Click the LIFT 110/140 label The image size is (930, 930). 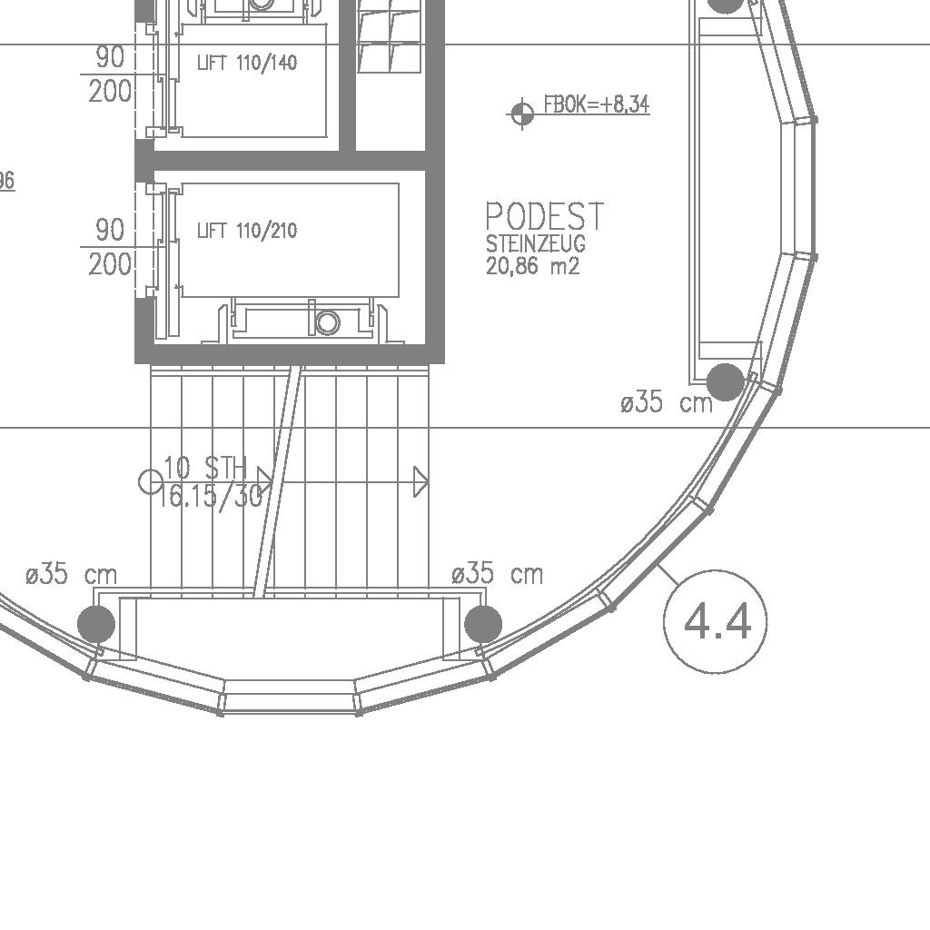(x=247, y=63)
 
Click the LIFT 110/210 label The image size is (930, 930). (x=247, y=230)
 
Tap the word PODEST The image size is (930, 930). (x=545, y=216)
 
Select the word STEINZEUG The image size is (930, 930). (x=536, y=243)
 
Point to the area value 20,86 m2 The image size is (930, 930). (x=532, y=266)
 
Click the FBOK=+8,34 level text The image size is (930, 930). (x=597, y=104)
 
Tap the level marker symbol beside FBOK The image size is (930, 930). (x=522, y=113)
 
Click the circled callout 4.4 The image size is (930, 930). (x=716, y=621)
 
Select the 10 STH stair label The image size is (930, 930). (x=205, y=468)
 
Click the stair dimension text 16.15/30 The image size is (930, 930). (x=210, y=496)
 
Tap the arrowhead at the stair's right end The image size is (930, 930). (x=420, y=481)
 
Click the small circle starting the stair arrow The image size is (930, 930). (x=151, y=481)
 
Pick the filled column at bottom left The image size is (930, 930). (x=96, y=624)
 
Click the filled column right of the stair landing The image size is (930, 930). (x=483, y=624)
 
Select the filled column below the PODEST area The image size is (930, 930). (x=726, y=382)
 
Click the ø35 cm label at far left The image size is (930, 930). (x=72, y=574)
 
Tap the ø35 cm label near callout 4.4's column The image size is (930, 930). (x=666, y=402)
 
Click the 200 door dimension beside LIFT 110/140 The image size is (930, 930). (x=110, y=92)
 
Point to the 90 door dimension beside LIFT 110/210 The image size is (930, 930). (x=110, y=230)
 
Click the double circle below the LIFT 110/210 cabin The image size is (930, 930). (x=327, y=322)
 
